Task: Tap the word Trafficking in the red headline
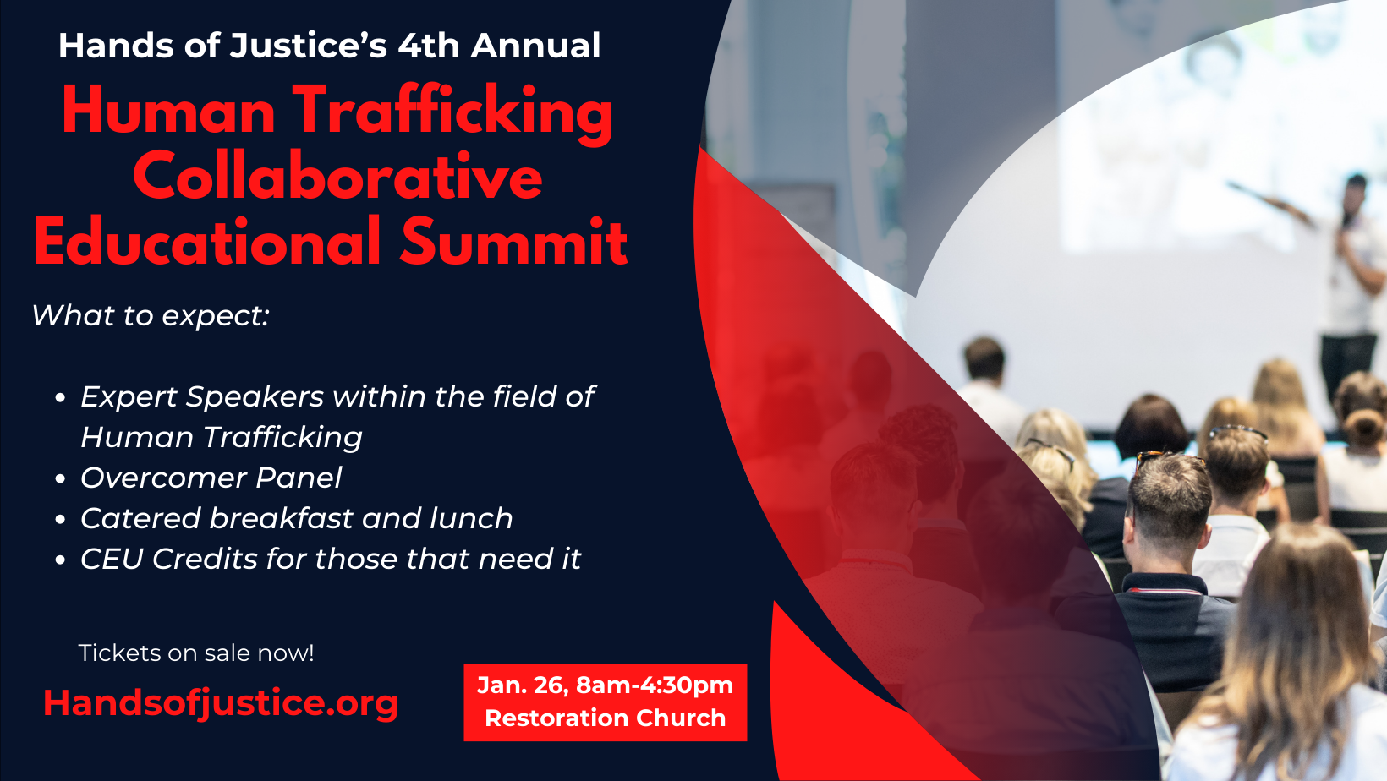[x=452, y=112]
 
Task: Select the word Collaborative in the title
[x=337, y=177]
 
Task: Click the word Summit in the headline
[x=513, y=243]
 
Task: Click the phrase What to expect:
[x=151, y=316]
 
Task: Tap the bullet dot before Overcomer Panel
[x=60, y=479]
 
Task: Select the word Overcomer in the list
[x=162, y=478]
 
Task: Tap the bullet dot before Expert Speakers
[x=60, y=398]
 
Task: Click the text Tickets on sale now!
[x=196, y=653]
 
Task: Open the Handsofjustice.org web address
[x=221, y=703]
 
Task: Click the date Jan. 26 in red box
[x=521, y=685]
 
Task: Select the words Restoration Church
[x=605, y=718]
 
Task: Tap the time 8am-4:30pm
[x=654, y=685]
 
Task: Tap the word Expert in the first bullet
[x=129, y=397]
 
